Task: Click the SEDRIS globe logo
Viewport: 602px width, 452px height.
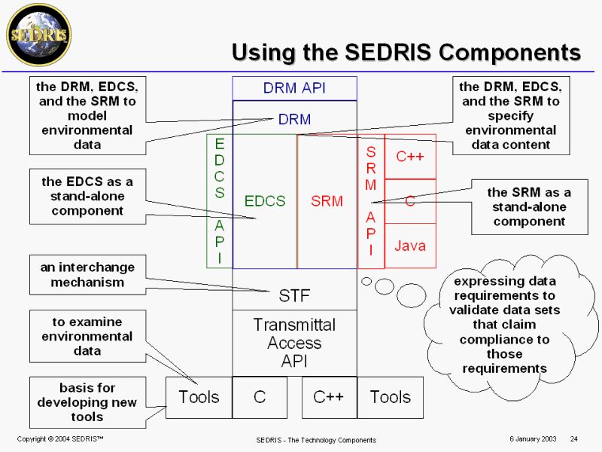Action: tap(38, 34)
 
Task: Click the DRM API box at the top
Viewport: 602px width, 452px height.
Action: tap(294, 88)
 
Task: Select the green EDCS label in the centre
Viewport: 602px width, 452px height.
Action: tap(265, 201)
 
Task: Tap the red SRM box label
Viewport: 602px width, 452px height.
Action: tap(327, 201)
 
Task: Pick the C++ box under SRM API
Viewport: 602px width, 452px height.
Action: tap(410, 157)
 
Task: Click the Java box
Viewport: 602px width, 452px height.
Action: tap(410, 246)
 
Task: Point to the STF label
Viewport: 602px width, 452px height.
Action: tap(295, 294)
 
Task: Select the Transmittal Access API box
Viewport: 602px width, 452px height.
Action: tap(294, 343)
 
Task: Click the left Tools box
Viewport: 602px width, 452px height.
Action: tap(199, 397)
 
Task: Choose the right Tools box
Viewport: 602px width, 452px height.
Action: tap(390, 397)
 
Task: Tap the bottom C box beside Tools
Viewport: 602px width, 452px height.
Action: tap(260, 397)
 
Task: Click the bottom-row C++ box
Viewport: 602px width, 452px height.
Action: tap(329, 397)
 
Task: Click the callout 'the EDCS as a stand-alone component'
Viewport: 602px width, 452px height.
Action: tap(87, 196)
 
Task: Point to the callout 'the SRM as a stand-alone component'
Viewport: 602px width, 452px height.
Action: tap(528, 206)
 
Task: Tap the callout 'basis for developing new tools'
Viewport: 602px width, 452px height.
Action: tap(87, 402)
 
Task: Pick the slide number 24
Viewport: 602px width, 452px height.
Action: tap(573, 438)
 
